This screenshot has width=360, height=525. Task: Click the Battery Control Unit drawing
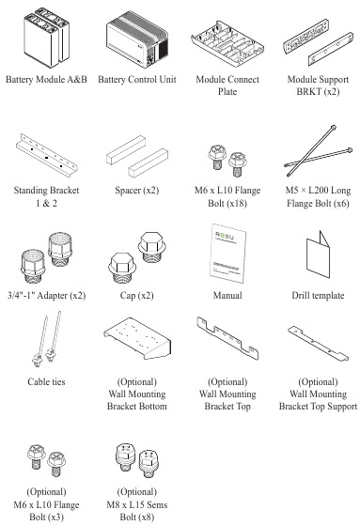coord(137,39)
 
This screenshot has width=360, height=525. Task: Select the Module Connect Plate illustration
coord(227,43)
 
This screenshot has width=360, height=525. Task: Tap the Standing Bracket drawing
coord(46,154)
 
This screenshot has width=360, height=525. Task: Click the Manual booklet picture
coord(227,254)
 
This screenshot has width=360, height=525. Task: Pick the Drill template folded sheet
coord(318,255)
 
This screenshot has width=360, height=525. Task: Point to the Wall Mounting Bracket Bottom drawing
coord(137,338)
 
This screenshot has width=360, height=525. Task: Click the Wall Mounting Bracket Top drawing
coord(227,337)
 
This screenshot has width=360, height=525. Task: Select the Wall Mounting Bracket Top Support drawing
coord(318,343)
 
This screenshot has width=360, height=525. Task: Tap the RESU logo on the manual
coord(225,237)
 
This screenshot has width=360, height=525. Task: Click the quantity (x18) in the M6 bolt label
coord(236,203)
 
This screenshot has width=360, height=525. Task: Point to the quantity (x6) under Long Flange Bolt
coord(341,203)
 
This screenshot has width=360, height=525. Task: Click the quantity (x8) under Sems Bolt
coord(146,517)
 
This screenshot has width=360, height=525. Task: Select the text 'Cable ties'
coord(46,381)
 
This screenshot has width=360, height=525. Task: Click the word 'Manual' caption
coord(227,295)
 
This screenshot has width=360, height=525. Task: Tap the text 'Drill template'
coord(318,295)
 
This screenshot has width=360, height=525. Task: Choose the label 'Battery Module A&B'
coord(46,79)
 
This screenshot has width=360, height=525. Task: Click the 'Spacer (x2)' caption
coord(137,191)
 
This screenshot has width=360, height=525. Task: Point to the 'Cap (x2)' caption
coord(137,295)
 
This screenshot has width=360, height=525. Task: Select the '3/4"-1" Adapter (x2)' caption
coord(46,295)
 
